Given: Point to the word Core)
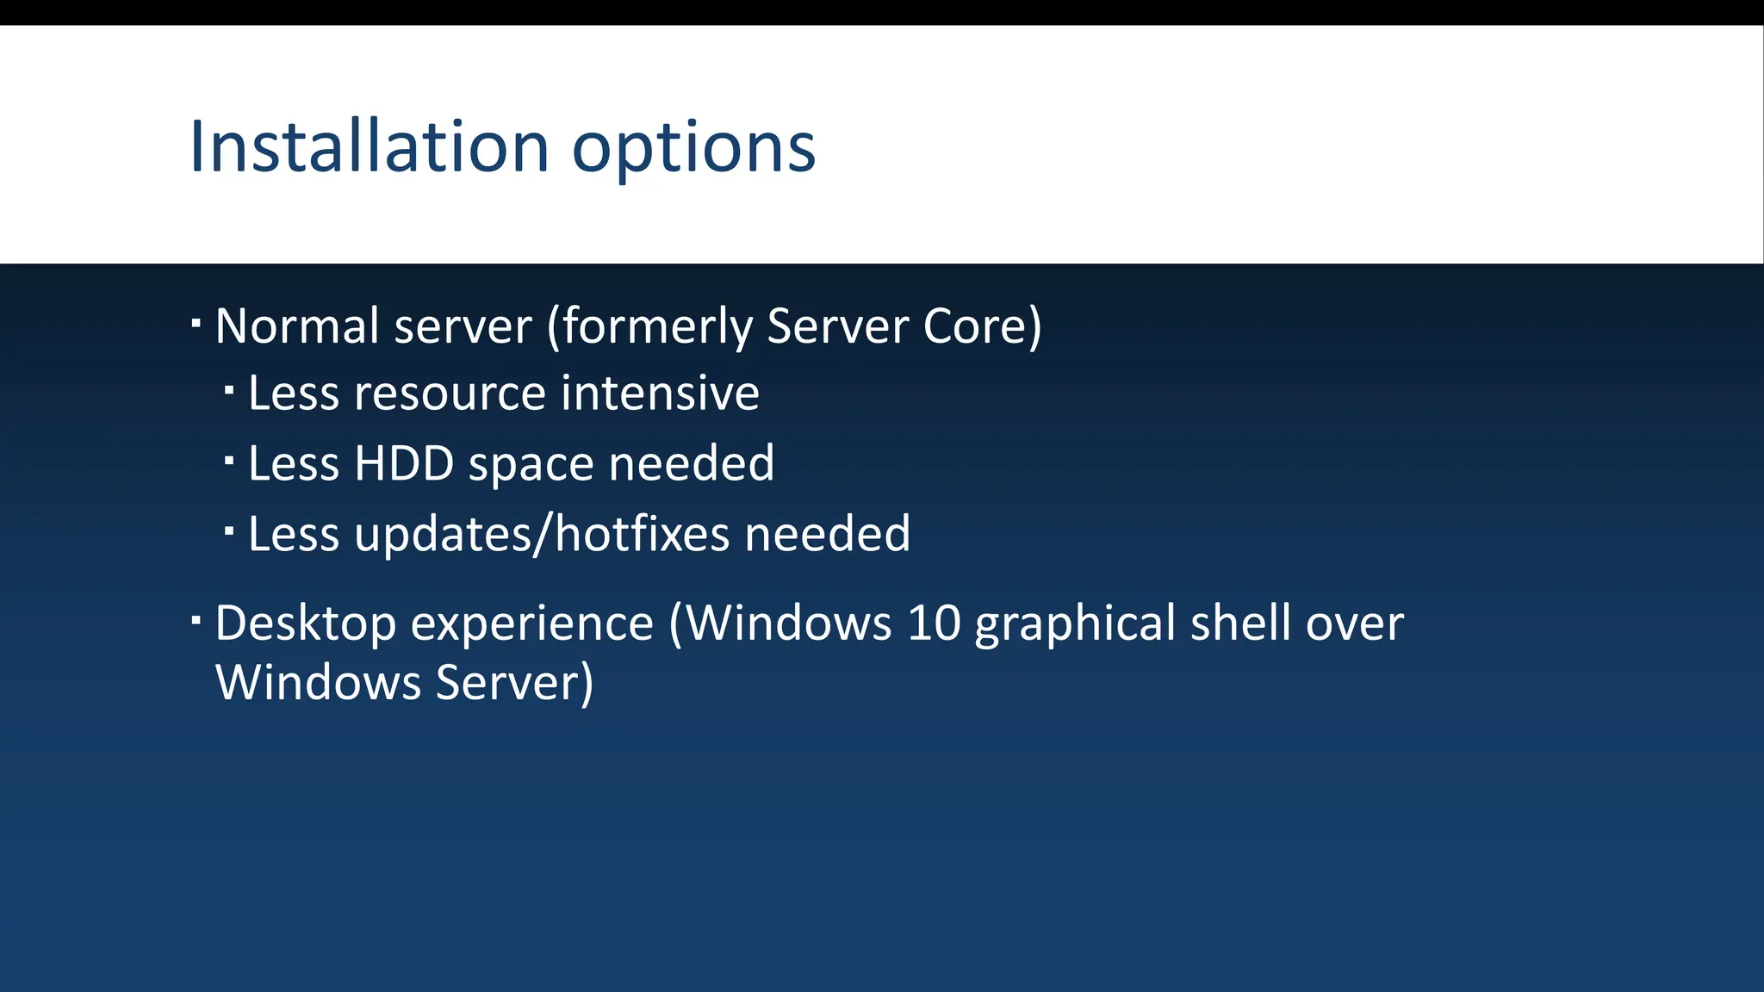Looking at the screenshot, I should click(x=982, y=326).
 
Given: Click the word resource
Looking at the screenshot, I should click(x=450, y=395).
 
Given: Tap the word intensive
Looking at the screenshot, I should click(x=661, y=394).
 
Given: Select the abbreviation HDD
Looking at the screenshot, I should click(x=404, y=464).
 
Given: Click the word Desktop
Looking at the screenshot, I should click(x=305, y=624).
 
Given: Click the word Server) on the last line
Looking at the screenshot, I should click(x=514, y=684).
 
